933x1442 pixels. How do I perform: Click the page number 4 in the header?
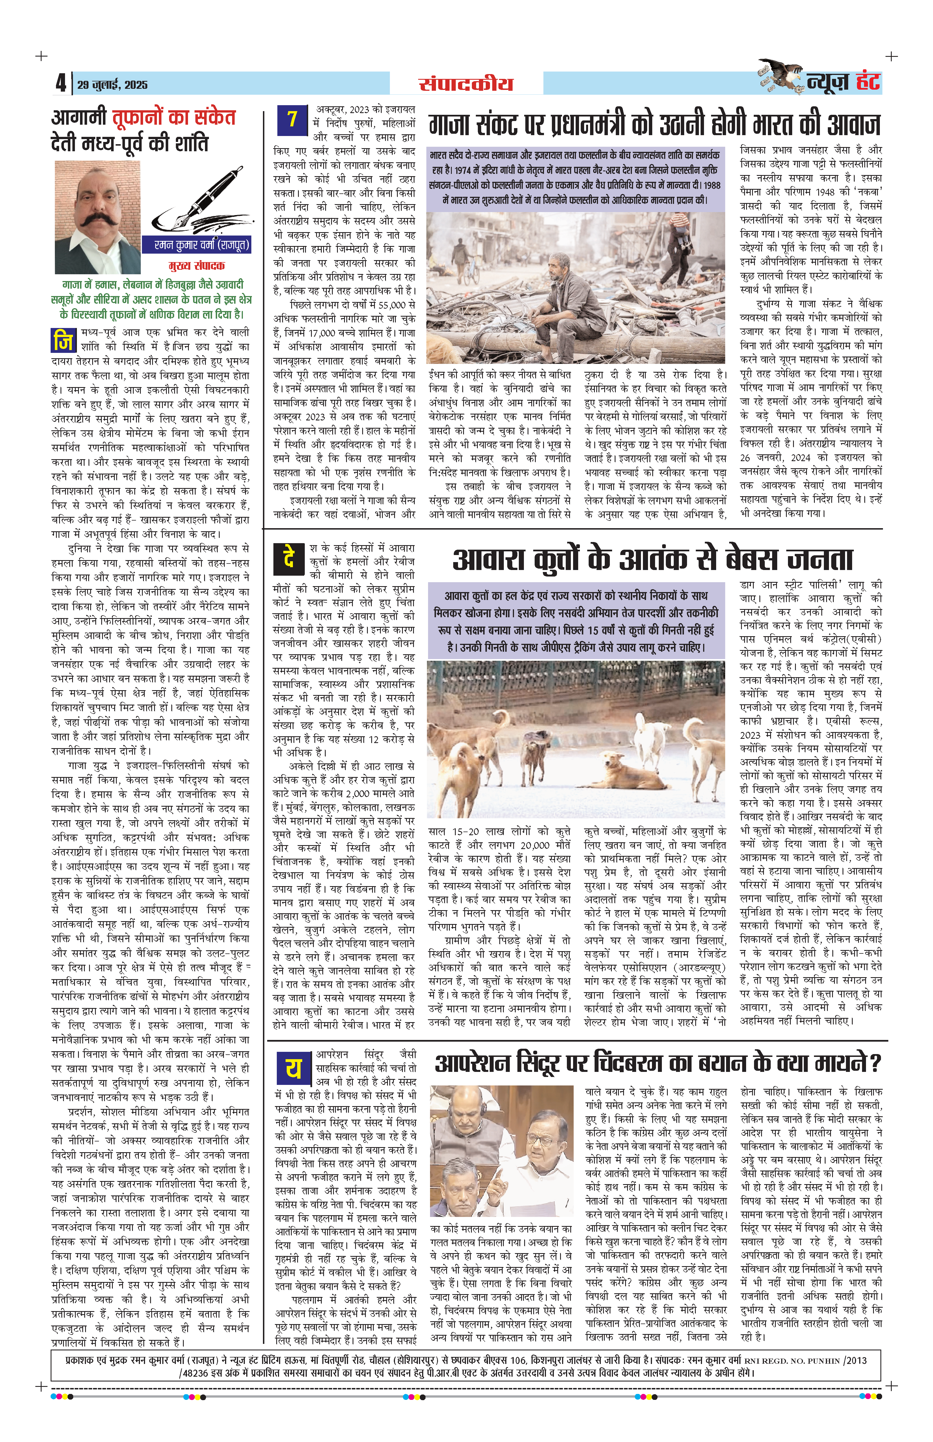pos(61,83)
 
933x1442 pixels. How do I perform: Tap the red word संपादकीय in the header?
pos(465,84)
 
